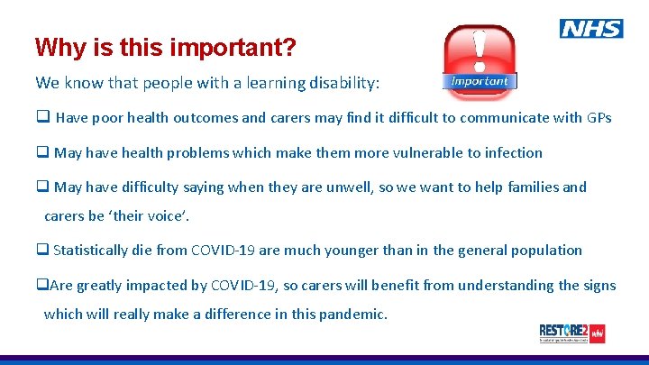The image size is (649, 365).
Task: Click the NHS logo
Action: pos(590,29)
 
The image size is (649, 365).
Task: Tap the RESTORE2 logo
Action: pos(571,333)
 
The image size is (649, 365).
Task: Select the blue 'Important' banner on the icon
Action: pos(479,81)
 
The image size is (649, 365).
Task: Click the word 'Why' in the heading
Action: pos(56,47)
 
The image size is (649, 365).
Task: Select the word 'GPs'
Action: pos(599,117)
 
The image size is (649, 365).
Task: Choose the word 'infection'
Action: pos(509,152)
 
